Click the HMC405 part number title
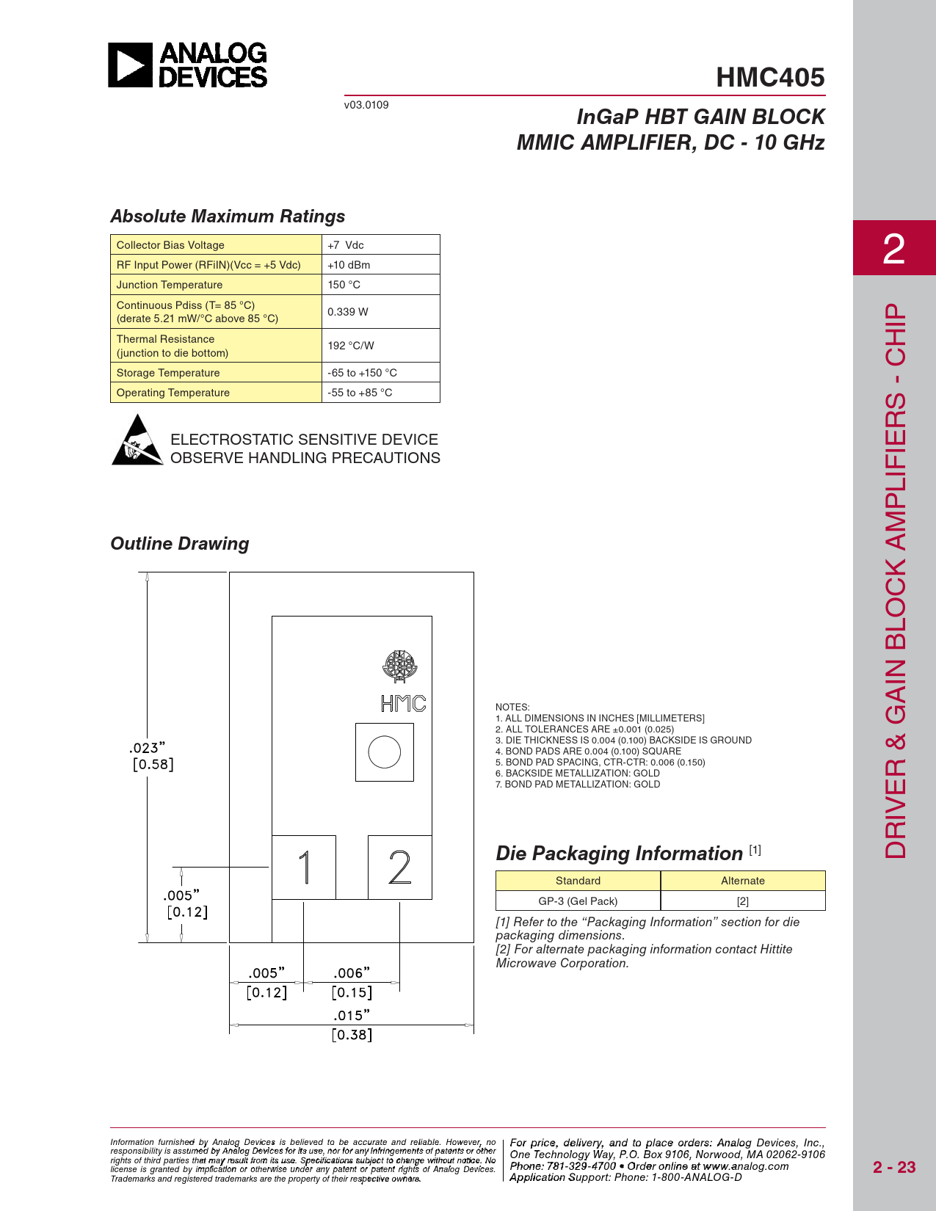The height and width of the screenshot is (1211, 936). tap(770, 78)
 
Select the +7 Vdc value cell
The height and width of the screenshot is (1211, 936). tap(346, 245)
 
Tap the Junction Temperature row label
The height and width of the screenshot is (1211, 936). tap(170, 285)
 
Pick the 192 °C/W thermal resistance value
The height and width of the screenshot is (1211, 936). tap(351, 346)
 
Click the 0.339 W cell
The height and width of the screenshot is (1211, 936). tap(348, 312)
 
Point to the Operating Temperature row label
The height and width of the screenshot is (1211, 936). tap(173, 393)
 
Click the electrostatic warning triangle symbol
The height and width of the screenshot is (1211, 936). tap(137, 441)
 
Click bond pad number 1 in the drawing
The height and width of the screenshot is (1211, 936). tap(304, 868)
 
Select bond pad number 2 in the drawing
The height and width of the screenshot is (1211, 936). tap(399, 868)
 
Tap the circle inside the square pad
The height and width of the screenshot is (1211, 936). tap(384, 752)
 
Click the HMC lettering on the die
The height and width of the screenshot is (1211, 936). tap(403, 704)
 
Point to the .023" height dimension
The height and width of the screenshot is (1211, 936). tap(147, 748)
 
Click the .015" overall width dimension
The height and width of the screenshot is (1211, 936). tap(352, 1016)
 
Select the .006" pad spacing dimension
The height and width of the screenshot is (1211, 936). tap(352, 973)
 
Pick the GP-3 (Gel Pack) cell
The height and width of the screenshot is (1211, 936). tap(578, 901)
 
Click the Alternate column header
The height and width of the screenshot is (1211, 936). tap(742, 881)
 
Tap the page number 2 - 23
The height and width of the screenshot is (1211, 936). tap(894, 1167)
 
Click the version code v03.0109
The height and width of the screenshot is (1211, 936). tap(366, 105)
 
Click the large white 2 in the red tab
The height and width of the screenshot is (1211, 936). tap(893, 249)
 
